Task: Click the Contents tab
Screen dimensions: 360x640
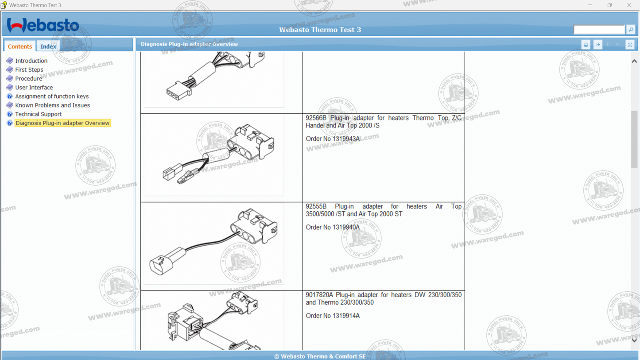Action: (20, 46)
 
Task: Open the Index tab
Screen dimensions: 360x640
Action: (48, 46)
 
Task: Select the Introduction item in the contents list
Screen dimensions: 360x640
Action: (31, 61)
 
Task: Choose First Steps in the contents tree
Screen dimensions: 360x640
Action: (29, 70)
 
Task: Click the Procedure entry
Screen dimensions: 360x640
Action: (28, 78)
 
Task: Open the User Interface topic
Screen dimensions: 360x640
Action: (34, 87)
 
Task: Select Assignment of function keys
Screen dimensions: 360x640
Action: (52, 96)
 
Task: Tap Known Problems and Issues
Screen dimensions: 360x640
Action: (52, 105)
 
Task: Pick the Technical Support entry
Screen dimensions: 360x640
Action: (38, 114)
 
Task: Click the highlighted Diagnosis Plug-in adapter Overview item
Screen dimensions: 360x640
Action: (62, 123)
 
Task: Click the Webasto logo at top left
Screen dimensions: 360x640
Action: (43, 25)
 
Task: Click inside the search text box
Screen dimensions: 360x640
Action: (599, 30)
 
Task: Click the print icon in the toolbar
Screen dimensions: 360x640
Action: (586, 44)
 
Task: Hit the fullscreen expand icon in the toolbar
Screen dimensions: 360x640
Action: (630, 44)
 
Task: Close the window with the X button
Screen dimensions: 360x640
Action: (629, 5)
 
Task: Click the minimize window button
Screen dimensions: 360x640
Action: (590, 5)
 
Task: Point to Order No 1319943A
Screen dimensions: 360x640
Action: (333, 139)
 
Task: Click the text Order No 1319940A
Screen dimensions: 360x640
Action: (333, 228)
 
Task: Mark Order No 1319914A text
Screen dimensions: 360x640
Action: (333, 316)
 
